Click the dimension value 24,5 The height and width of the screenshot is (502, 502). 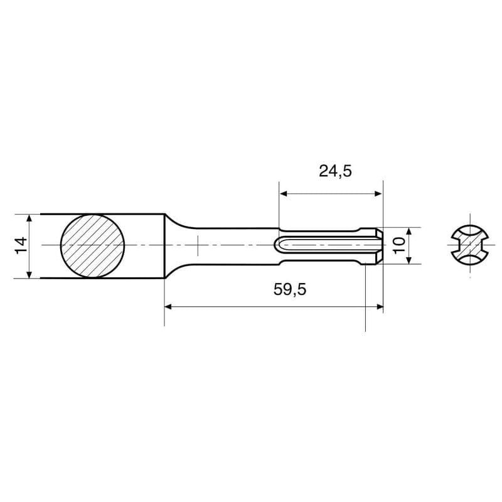335,171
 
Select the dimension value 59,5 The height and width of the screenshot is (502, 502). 290,290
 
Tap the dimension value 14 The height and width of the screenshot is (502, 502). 22,245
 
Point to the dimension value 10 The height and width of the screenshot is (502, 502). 399,245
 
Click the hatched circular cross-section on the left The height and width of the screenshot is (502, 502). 92,245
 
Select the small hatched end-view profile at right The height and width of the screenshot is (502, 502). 470,245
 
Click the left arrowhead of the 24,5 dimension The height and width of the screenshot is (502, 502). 283,193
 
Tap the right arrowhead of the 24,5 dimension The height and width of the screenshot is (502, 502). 378,193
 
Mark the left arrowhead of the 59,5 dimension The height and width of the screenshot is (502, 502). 168,307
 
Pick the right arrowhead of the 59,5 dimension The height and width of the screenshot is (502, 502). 380,307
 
